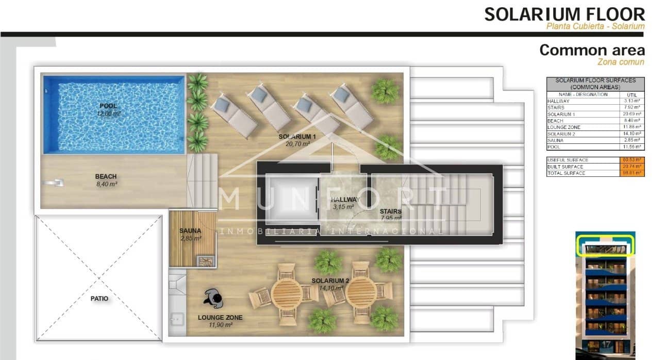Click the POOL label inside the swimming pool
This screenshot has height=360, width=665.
click(x=109, y=106)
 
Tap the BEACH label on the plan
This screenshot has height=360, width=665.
click(x=106, y=176)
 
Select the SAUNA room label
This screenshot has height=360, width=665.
click(x=190, y=231)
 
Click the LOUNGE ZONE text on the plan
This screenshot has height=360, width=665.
click(x=220, y=318)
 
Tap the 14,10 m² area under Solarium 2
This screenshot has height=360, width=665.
click(x=330, y=288)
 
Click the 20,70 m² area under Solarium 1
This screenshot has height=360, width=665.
click(x=297, y=144)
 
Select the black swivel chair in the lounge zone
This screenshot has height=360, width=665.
click(x=213, y=297)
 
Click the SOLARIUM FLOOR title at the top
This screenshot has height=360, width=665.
click(x=564, y=14)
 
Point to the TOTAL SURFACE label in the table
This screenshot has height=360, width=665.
click(x=566, y=173)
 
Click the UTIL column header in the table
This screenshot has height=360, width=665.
click(x=631, y=94)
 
